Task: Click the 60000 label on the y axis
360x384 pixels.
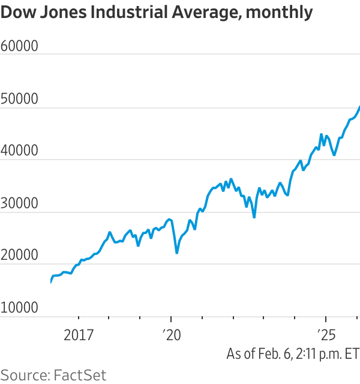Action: coord(19,46)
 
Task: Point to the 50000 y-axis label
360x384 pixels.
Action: coord(19,98)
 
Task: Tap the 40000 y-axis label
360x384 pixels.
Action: coord(19,150)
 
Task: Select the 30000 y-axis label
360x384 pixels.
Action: coord(19,203)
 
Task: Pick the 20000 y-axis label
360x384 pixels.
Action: coord(19,254)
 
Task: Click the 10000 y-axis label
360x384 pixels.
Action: coord(19,307)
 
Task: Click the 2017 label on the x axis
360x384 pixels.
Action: coord(79,335)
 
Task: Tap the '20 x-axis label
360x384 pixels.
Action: coord(172,335)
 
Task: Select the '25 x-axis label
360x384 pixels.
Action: coord(326,335)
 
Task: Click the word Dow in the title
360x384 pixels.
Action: coord(19,12)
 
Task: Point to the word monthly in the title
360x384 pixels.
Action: coord(279,13)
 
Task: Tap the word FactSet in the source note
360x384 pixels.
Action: coord(80,375)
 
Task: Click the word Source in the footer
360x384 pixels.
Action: coord(25,375)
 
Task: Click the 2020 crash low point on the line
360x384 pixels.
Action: coord(177,253)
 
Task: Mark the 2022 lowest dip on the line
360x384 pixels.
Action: coord(254,217)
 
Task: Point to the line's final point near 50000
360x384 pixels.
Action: coord(359,107)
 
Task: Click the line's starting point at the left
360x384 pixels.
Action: coord(51,282)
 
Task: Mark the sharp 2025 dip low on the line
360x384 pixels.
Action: coord(334,155)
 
